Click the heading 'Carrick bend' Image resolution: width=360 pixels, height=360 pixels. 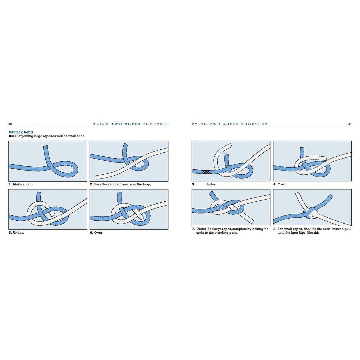tap(21, 132)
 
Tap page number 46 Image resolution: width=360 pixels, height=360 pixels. tap(10, 124)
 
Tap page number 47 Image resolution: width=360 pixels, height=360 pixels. tap(350, 124)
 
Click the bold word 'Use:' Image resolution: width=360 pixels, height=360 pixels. tap(12, 136)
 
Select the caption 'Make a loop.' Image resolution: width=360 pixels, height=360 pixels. tap(23, 184)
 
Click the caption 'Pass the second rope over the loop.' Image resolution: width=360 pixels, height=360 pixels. tap(122, 184)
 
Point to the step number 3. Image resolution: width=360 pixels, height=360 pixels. tap(194, 184)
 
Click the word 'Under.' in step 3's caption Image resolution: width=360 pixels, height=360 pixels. tap(211, 184)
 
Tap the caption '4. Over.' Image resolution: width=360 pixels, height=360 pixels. tap(280, 184)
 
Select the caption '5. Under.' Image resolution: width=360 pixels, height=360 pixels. tap(16, 233)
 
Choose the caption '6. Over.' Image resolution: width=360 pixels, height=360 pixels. tap(97, 233)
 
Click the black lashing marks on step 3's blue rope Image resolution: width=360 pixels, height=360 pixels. tap(206, 172)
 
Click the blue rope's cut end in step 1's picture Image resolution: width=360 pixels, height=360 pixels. tap(45, 147)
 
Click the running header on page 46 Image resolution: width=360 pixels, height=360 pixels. tap(131, 124)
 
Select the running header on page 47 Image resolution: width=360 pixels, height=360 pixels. tap(229, 124)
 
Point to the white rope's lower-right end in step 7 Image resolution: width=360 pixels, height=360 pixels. tap(251, 221)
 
